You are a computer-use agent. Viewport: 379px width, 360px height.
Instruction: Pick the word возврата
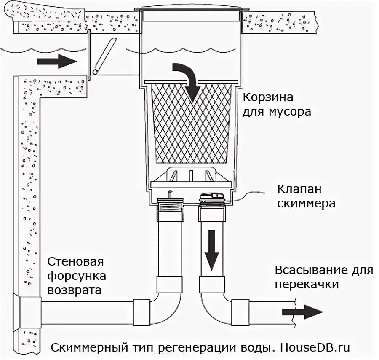click(74, 290)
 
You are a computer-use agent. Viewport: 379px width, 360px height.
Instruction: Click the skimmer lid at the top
click(191, 8)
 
